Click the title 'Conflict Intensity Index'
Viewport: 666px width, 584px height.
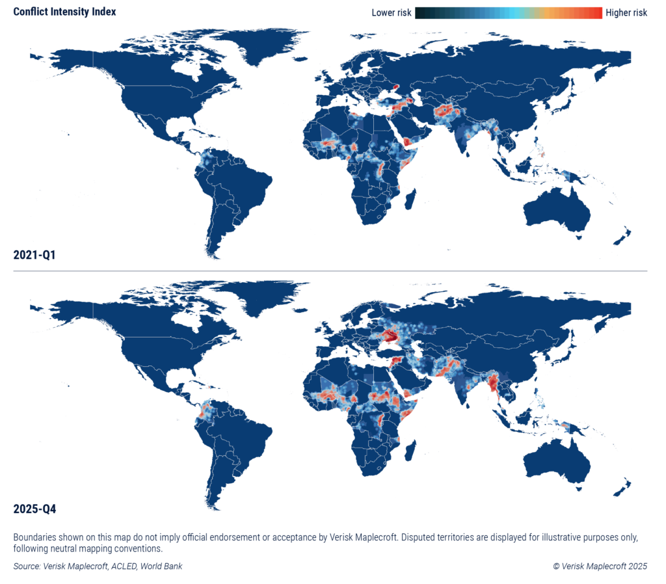[x=65, y=12]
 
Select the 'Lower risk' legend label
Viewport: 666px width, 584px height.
[x=391, y=13]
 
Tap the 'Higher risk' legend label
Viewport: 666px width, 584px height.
[x=626, y=13]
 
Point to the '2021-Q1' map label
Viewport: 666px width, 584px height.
[x=34, y=255]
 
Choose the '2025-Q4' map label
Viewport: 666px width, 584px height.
[x=34, y=509]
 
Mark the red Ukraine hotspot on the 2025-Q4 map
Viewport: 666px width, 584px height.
[x=392, y=336]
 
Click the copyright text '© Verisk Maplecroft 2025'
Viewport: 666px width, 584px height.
[x=600, y=566]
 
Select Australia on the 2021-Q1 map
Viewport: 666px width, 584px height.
[x=556, y=209]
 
